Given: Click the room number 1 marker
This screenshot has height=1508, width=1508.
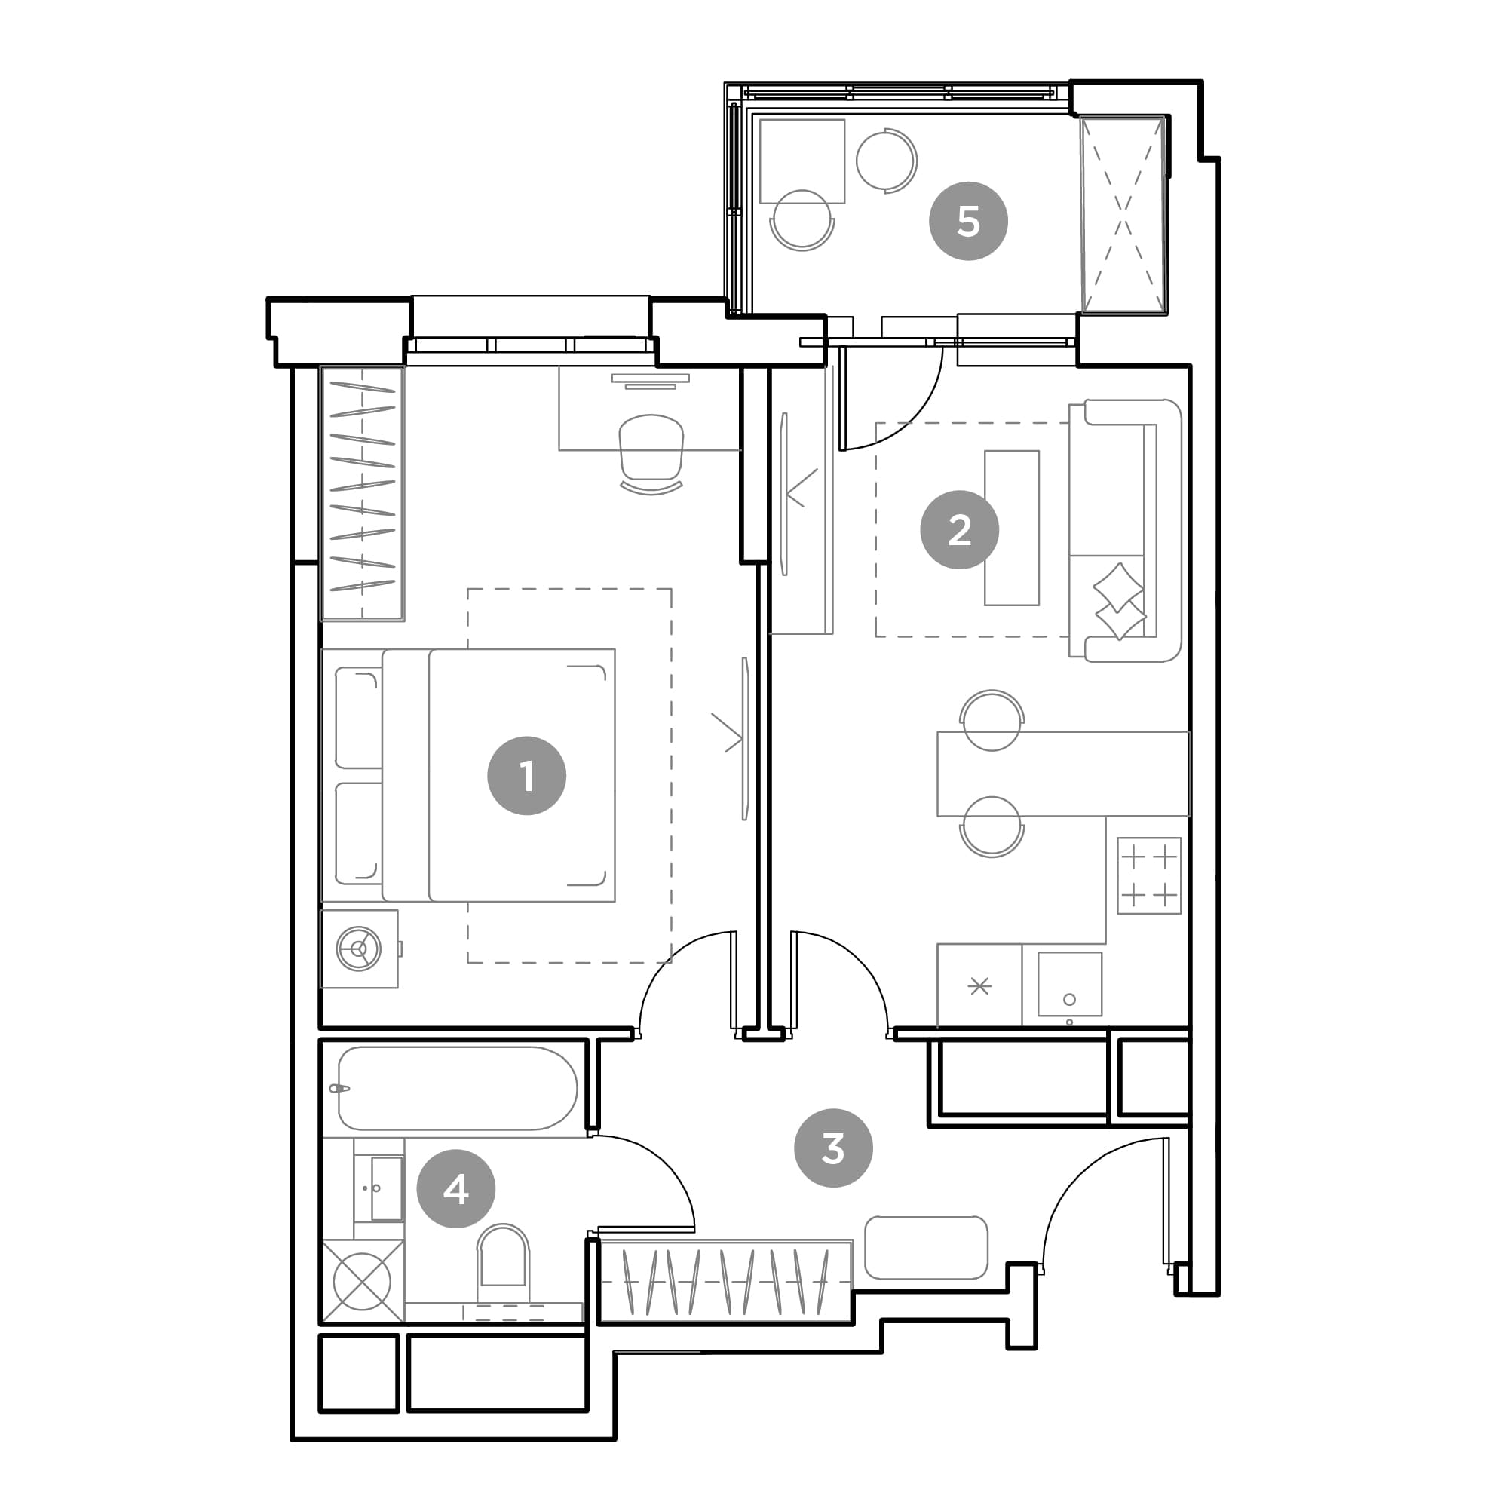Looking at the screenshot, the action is pos(526,776).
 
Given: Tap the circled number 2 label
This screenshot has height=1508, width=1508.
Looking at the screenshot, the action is pos(959,530).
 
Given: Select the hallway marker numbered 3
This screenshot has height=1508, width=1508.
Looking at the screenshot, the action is pos(833,1148).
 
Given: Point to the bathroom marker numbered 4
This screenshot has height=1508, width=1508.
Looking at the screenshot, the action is pos(456,1189).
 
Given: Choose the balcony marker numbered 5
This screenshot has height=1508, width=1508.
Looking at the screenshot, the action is pos(968,221).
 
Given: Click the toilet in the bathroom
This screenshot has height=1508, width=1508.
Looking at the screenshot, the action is pos(504,1256).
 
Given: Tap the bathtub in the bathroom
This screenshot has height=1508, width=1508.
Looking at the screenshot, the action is pos(458,1088).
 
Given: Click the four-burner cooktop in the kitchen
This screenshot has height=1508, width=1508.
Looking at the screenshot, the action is pos(1149,875).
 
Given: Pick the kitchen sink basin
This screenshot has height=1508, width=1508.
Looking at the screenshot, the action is pos(1069,984).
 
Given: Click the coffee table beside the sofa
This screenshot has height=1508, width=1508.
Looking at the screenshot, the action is pos(1012,528).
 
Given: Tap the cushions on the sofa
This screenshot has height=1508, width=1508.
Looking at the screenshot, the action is pos(1119,601).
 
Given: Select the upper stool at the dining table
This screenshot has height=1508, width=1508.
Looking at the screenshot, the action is pos(992,719).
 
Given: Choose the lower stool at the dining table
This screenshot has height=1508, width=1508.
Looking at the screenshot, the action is pos(992,826).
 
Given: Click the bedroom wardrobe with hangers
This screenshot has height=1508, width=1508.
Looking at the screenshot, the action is pos(362,493).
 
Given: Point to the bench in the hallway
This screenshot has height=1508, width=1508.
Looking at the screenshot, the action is pos(926,1247).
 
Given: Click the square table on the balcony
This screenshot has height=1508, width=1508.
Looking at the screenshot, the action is pos(802,161).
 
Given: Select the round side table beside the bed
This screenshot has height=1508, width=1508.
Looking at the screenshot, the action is pos(358,949).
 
